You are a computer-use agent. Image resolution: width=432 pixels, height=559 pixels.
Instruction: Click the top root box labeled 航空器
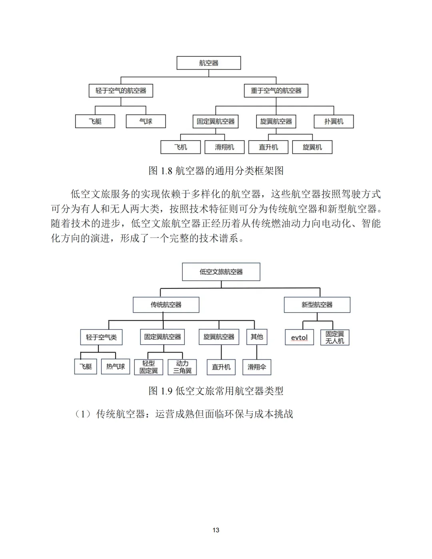pyautogui.click(x=208, y=63)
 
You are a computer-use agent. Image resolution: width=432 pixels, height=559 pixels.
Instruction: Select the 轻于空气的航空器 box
pyautogui.click(x=121, y=91)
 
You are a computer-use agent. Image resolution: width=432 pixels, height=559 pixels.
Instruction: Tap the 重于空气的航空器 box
pyautogui.click(x=276, y=91)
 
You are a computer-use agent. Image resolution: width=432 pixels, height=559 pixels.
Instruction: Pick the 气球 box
pyautogui.click(x=146, y=122)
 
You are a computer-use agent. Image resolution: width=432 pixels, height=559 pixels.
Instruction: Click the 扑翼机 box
pyautogui.click(x=334, y=122)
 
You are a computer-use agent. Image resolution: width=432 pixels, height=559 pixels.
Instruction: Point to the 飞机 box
pyautogui.click(x=180, y=147)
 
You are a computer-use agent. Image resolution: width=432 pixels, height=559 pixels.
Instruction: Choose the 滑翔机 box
pyautogui.click(x=224, y=147)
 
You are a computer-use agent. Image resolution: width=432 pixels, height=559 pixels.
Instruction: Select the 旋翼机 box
pyautogui.click(x=312, y=147)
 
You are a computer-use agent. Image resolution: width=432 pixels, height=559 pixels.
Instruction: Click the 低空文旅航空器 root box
pyautogui.click(x=221, y=272)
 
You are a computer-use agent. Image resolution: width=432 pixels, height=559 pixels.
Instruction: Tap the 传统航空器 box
pyautogui.click(x=166, y=305)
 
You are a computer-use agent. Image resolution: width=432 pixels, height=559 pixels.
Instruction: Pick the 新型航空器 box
pyautogui.click(x=317, y=305)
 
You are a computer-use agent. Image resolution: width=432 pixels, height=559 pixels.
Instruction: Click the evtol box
pyautogui.click(x=299, y=337)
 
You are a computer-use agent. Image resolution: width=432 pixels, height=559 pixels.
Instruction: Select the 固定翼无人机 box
pyautogui.click(x=335, y=337)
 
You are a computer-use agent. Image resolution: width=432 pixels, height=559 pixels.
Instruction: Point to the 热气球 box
pyautogui.click(x=116, y=366)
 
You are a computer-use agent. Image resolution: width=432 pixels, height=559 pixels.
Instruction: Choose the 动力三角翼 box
pyautogui.click(x=182, y=367)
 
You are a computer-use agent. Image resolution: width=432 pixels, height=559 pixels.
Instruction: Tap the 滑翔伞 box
pyautogui.click(x=257, y=367)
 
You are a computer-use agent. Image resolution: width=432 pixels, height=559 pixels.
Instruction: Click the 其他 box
pyautogui.click(x=257, y=337)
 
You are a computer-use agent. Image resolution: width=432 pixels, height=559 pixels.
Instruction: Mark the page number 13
pyautogui.click(x=216, y=530)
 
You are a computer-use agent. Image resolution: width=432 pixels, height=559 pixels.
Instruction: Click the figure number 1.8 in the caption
pyautogui.click(x=166, y=171)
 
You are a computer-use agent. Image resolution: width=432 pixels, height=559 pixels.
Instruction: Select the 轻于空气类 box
pyautogui.click(x=101, y=337)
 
